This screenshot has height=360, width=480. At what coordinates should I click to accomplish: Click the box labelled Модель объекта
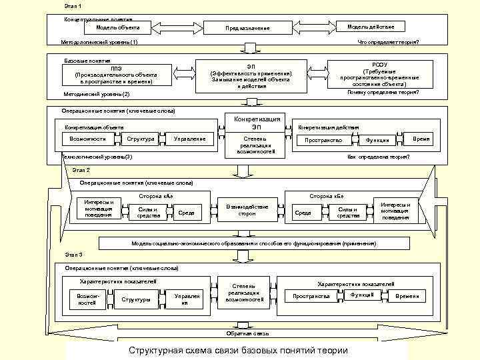[x=118, y=27]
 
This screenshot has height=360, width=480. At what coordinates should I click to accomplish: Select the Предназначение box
[x=247, y=28]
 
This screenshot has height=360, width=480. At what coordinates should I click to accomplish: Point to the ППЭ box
[x=117, y=75]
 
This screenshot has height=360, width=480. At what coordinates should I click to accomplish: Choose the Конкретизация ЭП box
[x=256, y=123]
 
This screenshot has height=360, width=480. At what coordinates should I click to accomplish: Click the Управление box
[x=189, y=139]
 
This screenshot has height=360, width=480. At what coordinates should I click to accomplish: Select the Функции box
[x=377, y=140]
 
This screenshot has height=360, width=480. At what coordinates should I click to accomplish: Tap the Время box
[x=421, y=139]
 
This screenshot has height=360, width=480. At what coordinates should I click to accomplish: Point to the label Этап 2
[x=81, y=171]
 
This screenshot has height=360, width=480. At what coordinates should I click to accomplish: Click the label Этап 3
[x=74, y=255]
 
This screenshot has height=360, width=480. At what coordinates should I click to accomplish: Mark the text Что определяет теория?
[x=389, y=42]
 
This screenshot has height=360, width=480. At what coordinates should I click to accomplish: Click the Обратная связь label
[x=247, y=333]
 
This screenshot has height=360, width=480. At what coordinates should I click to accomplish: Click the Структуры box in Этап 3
[x=136, y=299]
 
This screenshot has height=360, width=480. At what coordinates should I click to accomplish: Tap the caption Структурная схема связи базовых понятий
[x=239, y=351]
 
